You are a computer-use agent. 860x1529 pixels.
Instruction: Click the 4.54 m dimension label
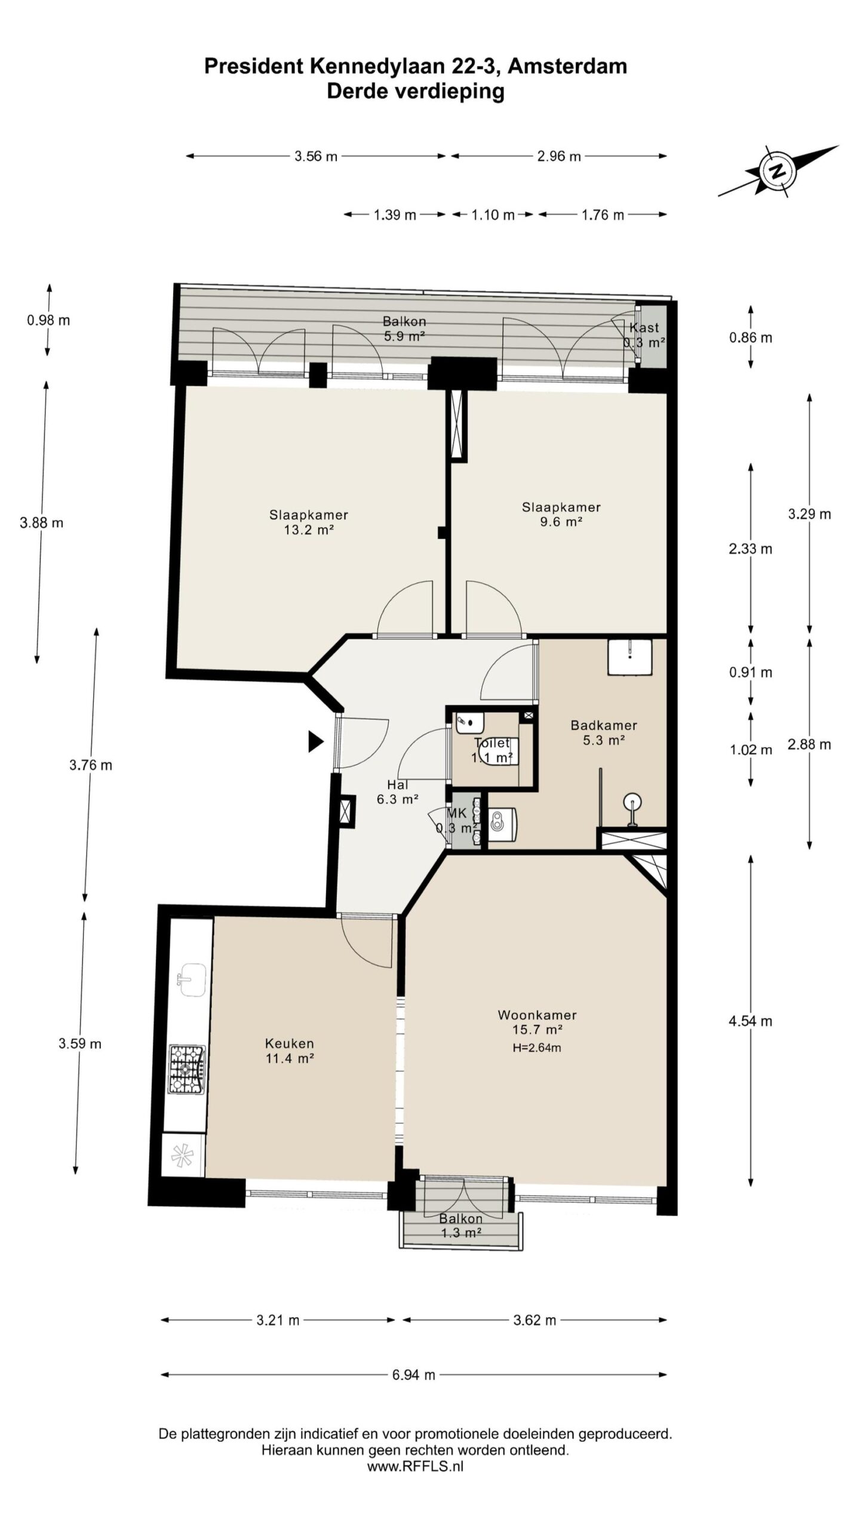(x=750, y=1021)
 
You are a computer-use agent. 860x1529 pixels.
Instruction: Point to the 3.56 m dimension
(x=316, y=156)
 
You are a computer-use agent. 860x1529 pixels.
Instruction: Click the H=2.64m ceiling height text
(x=536, y=1047)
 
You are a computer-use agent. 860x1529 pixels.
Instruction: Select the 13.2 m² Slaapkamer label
(x=308, y=522)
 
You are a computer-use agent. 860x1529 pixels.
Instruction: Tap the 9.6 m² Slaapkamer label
(x=561, y=514)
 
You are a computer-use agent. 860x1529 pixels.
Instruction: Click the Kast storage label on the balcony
(x=644, y=327)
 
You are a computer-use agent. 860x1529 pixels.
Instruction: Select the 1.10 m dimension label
(x=493, y=215)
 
